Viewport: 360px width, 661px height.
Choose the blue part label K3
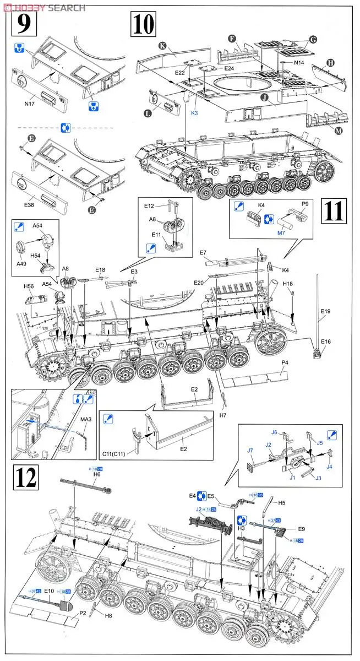(x=194, y=112)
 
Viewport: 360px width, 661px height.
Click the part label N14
(x=299, y=63)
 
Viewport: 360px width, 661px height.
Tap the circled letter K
(x=162, y=46)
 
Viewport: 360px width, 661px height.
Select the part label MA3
(x=86, y=420)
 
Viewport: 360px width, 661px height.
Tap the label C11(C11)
(x=114, y=453)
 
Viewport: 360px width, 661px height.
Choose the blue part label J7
(x=250, y=451)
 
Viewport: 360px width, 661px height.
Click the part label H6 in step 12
(x=97, y=474)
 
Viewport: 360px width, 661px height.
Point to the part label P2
(x=83, y=612)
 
